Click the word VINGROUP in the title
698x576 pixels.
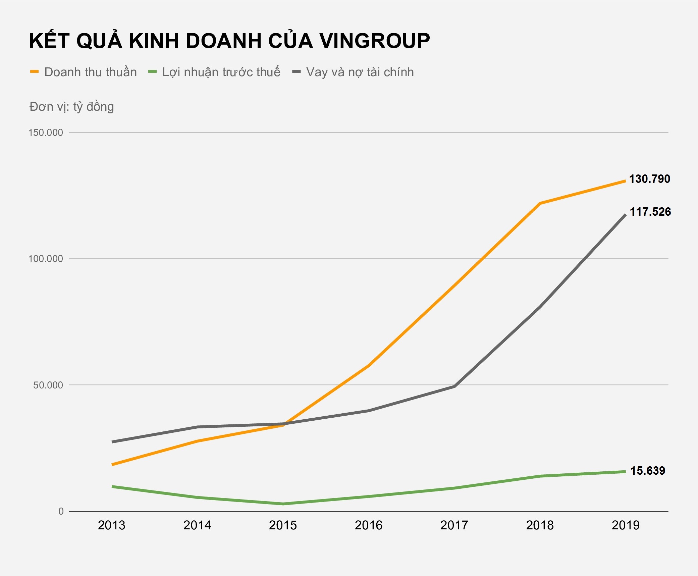pos(374,41)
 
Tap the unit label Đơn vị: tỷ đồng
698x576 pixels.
pos(72,107)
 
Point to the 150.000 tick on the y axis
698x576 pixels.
pos(46,133)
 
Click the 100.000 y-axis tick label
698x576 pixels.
pos(46,259)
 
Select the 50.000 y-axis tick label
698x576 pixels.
pos(48,385)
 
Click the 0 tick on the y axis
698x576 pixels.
pos(61,511)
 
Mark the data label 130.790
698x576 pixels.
pos(649,179)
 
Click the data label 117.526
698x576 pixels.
pos(650,212)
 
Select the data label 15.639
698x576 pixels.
pos(648,471)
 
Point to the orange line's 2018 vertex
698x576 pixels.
pos(540,203)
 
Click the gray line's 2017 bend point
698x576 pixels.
pos(454,386)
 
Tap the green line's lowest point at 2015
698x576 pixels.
pos(283,504)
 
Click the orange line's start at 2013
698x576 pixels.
pos(112,465)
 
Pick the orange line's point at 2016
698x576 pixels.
pos(369,366)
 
